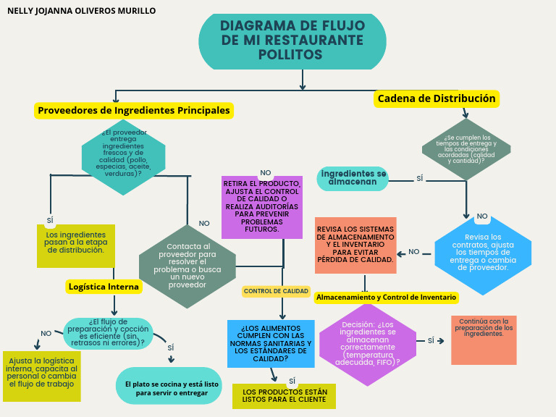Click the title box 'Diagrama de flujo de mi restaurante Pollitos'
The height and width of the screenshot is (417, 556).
click(292, 41)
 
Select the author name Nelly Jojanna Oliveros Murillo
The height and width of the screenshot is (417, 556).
click(81, 11)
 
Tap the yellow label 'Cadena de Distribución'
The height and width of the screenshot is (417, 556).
click(437, 98)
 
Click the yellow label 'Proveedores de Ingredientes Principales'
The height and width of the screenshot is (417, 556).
click(134, 111)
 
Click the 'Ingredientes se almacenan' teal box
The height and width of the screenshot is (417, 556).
click(353, 178)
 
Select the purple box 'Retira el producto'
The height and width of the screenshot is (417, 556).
click(261, 208)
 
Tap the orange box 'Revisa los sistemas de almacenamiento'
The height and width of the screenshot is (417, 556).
click(355, 245)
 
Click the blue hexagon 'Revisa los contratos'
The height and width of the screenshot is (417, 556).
click(482, 253)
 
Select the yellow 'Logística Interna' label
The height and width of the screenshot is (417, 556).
click(104, 287)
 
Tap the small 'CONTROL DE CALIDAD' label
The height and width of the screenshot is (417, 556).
click(276, 291)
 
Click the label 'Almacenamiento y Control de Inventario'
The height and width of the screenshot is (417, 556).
click(386, 297)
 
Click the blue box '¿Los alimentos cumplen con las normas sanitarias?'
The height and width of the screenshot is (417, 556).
click(270, 344)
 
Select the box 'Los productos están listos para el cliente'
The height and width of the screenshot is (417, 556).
click(284, 396)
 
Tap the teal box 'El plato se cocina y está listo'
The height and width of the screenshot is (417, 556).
click(167, 387)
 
